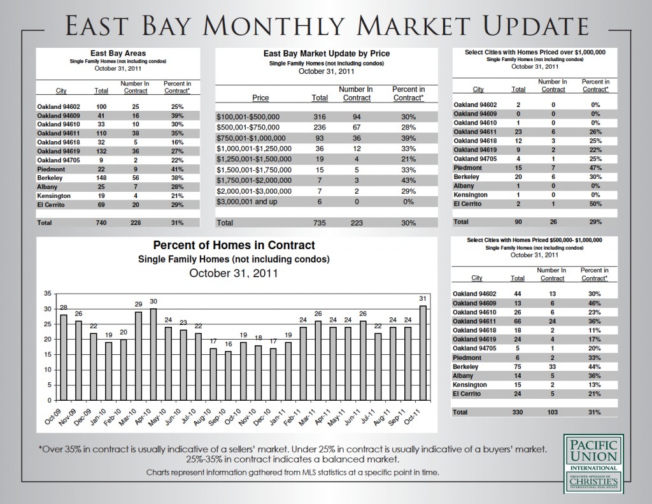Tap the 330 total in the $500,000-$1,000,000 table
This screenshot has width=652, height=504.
pos(518,412)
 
